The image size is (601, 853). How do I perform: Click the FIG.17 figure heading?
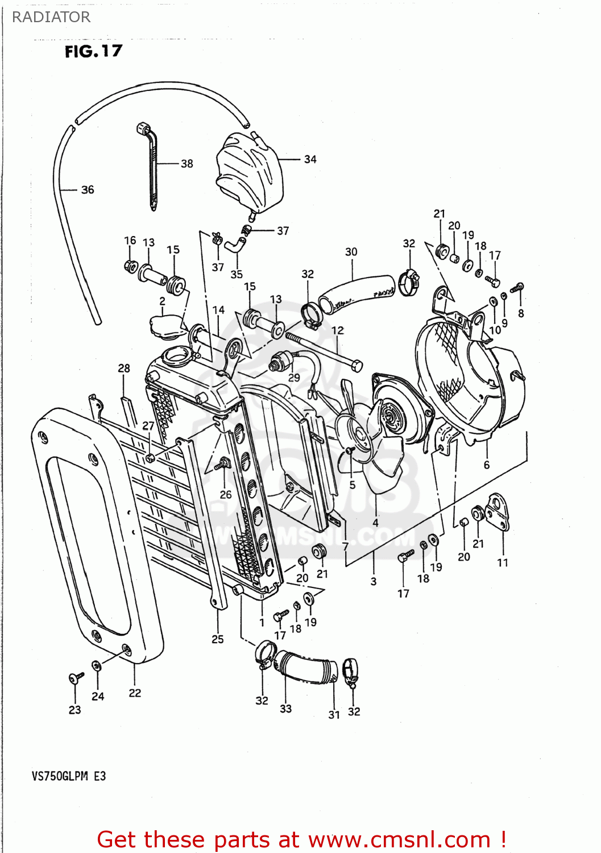[x=93, y=51]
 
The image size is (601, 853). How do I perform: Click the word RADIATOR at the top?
[x=51, y=17]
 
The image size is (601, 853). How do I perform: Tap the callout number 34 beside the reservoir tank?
[x=310, y=159]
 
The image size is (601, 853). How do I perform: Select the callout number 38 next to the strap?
[x=186, y=164]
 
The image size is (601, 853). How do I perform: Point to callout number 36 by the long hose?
[x=87, y=190]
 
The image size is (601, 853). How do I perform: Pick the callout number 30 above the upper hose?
[x=351, y=252]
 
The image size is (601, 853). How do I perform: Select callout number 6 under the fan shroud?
[x=486, y=465]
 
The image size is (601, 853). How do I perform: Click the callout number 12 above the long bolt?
[x=338, y=330]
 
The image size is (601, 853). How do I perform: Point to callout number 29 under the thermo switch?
[x=294, y=377]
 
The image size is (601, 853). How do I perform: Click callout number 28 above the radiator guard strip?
[x=124, y=368]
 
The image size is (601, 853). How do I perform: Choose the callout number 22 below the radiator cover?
[x=135, y=693]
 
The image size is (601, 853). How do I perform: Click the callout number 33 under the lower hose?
[x=285, y=709]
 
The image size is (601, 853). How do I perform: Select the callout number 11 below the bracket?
[x=503, y=562]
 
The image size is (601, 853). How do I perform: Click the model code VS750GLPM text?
[x=60, y=776]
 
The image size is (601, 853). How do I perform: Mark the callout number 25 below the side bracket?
[x=218, y=639]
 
